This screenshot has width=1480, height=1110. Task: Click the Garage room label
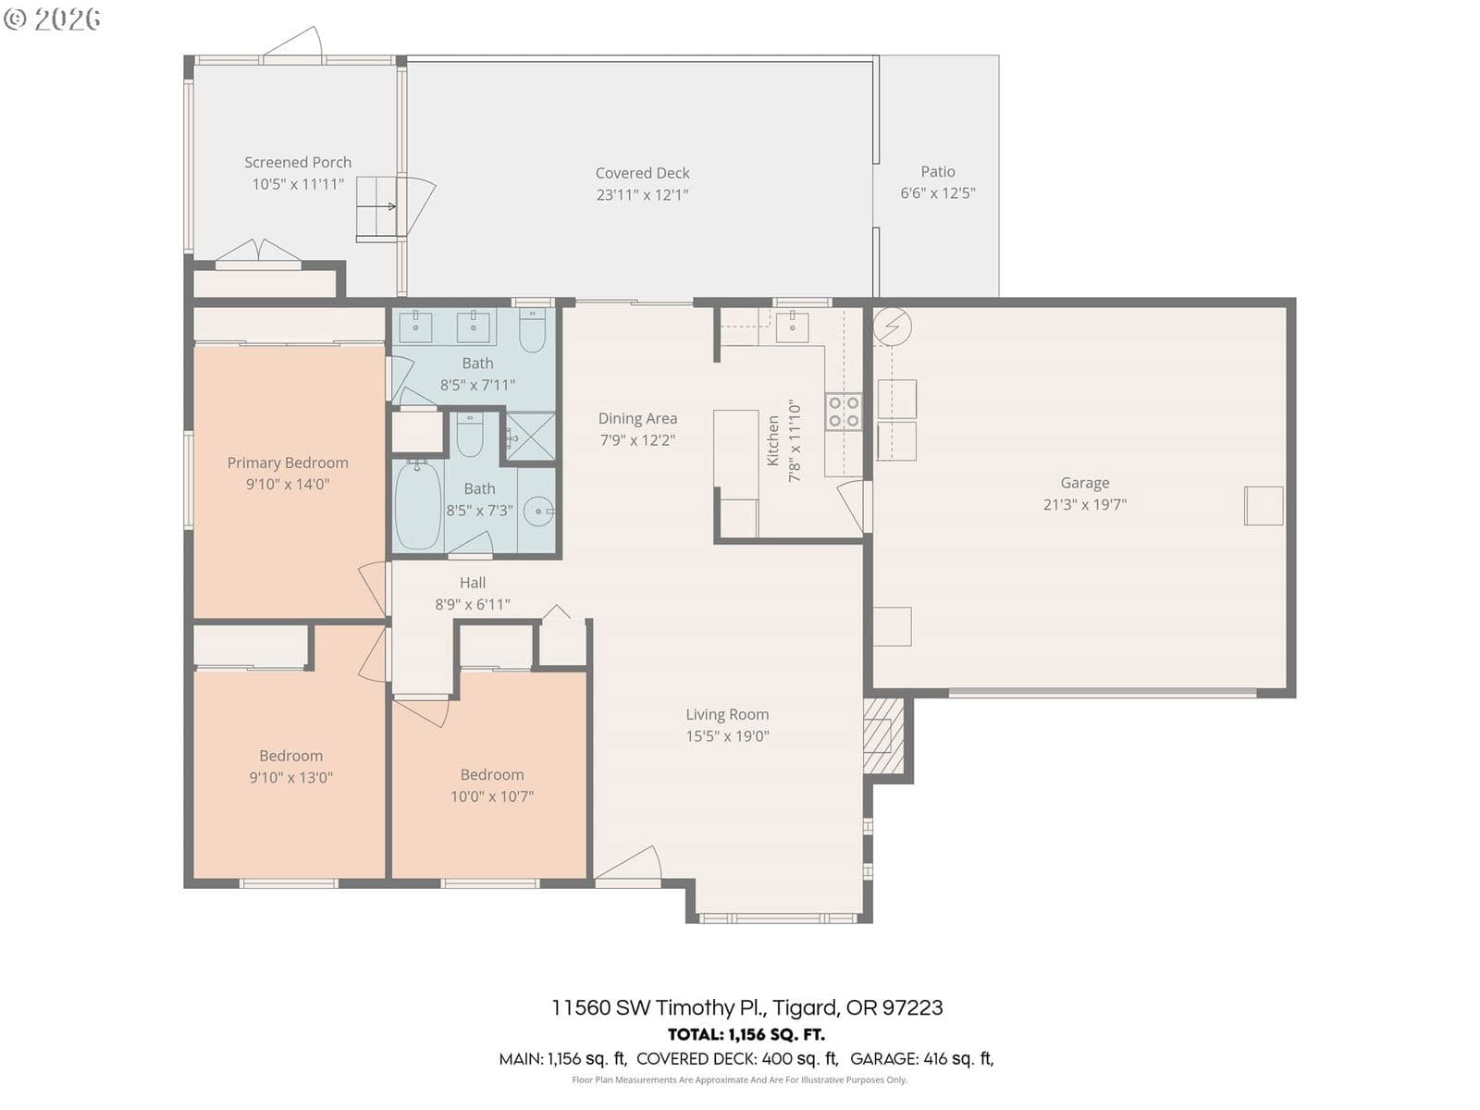coord(1084,483)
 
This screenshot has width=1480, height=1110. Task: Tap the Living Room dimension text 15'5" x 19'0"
coord(727,736)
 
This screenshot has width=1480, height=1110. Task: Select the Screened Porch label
coord(297,163)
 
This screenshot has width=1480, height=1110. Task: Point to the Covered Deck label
coord(642,173)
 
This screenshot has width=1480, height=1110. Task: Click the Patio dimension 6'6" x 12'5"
coord(937,192)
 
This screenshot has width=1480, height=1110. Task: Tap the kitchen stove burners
coord(844,412)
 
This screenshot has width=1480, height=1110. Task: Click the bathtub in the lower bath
coord(418,505)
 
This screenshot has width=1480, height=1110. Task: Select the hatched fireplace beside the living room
coord(883,735)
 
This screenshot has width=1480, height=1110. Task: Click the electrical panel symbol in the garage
coord(892,327)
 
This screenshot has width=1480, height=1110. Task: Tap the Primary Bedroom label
coord(288,463)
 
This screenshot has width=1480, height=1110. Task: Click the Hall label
coord(472,583)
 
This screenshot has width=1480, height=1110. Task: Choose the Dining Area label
coord(637,418)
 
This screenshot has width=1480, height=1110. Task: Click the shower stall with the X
coord(531,437)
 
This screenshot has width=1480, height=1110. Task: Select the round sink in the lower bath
coord(538,511)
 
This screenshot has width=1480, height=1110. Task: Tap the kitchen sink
coord(792,327)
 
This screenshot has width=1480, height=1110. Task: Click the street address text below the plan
coord(747,1007)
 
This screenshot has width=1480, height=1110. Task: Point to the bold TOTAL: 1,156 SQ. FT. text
coord(746,1034)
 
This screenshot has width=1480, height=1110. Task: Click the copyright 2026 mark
coord(52,18)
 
